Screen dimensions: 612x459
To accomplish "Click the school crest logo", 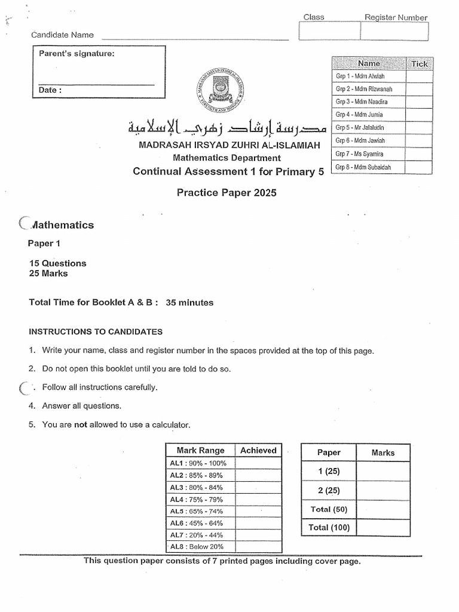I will [221, 88].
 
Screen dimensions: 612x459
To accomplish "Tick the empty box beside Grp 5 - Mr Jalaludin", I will [420, 127].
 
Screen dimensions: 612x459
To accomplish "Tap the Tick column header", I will [420, 63].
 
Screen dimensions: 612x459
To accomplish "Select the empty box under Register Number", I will [394, 32].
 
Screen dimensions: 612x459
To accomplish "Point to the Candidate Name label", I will [62, 35].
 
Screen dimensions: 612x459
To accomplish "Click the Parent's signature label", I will [76, 54].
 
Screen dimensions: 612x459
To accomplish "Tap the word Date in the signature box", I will [50, 90].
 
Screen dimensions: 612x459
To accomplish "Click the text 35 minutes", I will [189, 302].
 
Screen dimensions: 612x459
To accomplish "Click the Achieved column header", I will [258, 451].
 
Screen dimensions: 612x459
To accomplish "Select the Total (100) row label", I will [329, 527].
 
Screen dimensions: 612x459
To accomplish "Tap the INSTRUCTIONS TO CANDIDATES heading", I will [96, 332].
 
